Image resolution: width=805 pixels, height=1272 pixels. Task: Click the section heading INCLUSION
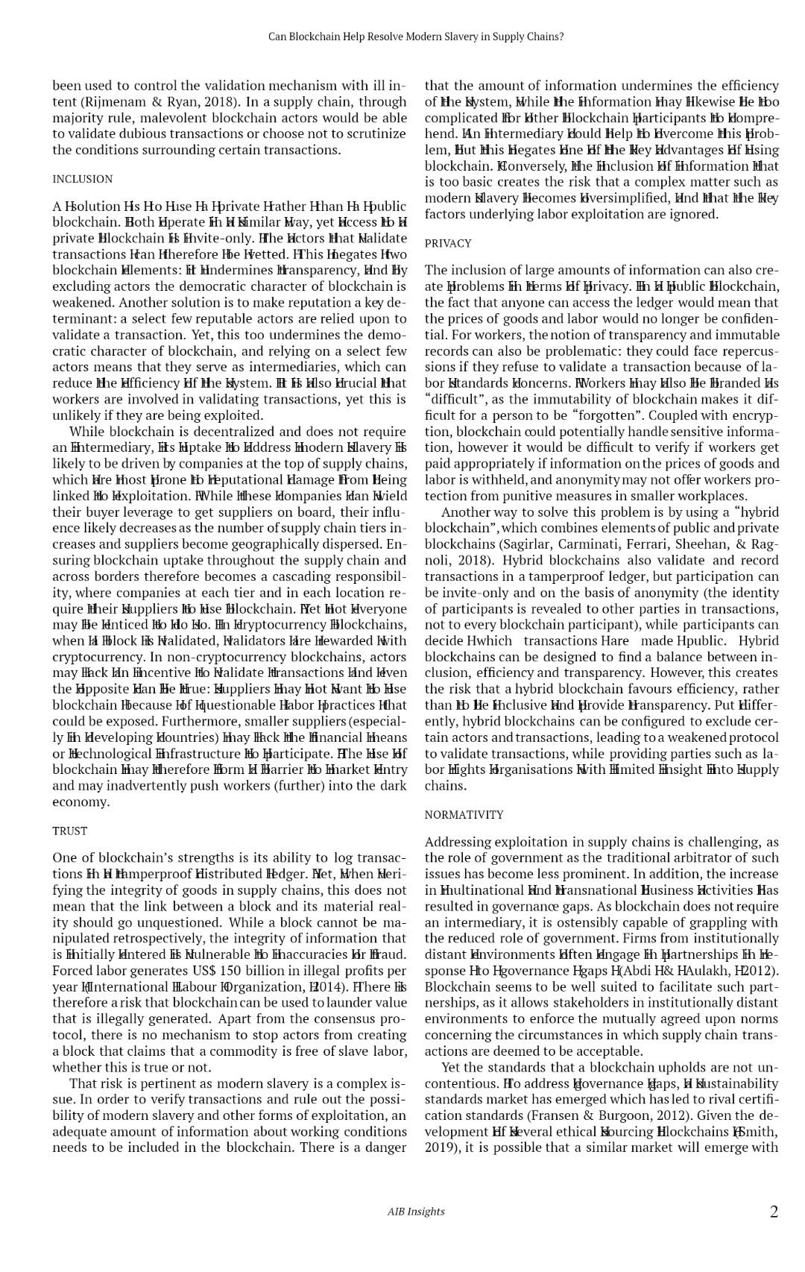pyautogui.click(x=83, y=179)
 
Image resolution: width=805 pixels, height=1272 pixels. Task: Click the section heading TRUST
pyautogui.click(x=70, y=831)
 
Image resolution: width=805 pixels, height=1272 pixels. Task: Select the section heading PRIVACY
pyautogui.click(x=448, y=243)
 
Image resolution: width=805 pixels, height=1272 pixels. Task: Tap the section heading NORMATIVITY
pyautogui.click(x=464, y=815)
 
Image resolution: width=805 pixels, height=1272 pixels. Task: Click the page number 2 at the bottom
pyautogui.click(x=774, y=1212)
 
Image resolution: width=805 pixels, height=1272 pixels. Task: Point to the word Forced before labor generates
pyautogui.click(x=72, y=971)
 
